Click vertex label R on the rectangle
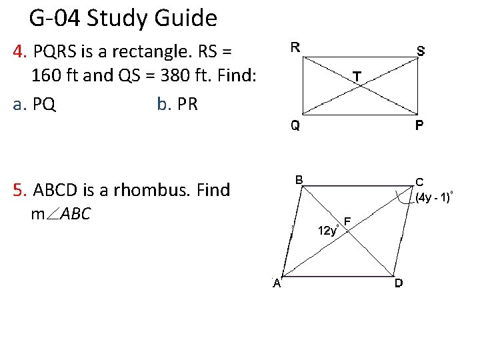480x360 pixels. click(295, 47)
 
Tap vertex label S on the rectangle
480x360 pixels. click(421, 50)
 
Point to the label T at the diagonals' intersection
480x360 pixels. click(357, 77)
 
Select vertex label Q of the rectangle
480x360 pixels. click(294, 126)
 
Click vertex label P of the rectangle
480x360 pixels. click(421, 126)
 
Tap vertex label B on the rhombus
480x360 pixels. click(300, 179)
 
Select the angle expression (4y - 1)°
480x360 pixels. click(434, 197)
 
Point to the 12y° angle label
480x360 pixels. click(329, 231)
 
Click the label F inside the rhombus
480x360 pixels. click(348, 221)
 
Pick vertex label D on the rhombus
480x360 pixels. click(398, 283)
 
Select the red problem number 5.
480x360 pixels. click(19, 190)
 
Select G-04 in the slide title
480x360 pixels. click(55, 18)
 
